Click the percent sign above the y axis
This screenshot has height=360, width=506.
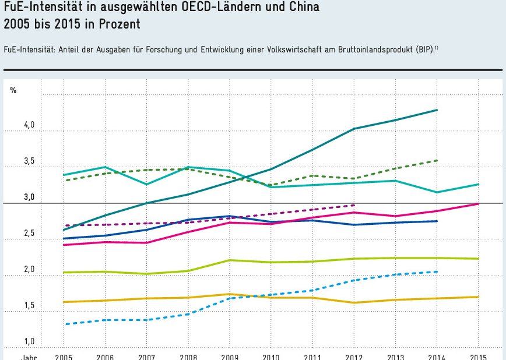[x=13, y=90]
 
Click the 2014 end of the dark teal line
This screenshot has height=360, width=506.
[x=437, y=110]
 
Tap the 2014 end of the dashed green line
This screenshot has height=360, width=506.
[x=437, y=160]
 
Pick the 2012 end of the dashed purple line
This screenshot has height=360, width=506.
[x=354, y=205]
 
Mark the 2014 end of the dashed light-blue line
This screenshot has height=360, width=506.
[x=437, y=271]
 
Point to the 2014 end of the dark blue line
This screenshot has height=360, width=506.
[x=437, y=221]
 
